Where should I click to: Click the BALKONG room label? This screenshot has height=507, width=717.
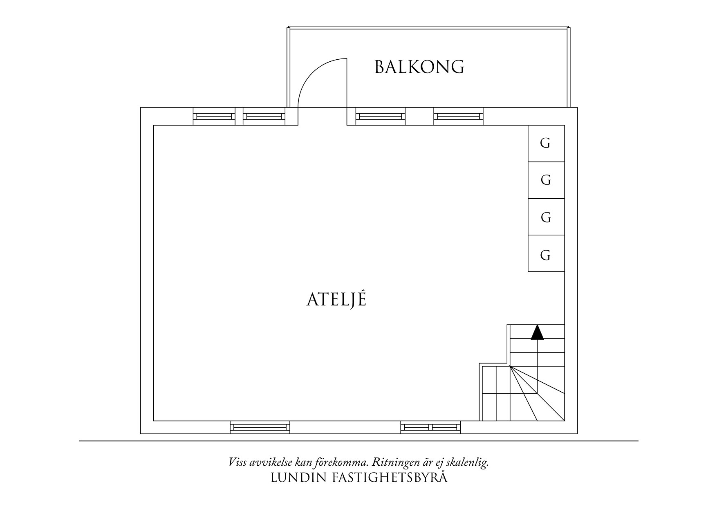coord(419,67)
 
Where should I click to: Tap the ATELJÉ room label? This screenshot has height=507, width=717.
coord(336,299)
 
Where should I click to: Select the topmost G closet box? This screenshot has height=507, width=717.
coord(546,144)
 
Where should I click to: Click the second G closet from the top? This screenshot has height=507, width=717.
coord(546,180)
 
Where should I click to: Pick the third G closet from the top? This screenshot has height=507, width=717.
coord(546,217)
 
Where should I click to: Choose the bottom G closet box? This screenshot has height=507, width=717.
coord(546,253)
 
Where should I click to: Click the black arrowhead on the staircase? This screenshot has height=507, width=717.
coord(538,332)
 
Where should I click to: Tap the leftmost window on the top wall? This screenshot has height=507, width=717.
coord(214,116)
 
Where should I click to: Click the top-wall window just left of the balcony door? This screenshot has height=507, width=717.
coord(264,116)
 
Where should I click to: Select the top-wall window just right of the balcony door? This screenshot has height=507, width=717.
coord(380,116)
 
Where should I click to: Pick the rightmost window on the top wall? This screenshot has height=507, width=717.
coord(458,116)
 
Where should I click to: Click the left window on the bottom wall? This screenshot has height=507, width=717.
coord(260,427)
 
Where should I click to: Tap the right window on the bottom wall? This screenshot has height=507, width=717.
coord(430,427)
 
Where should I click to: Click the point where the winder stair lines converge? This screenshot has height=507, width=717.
coord(510,367)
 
